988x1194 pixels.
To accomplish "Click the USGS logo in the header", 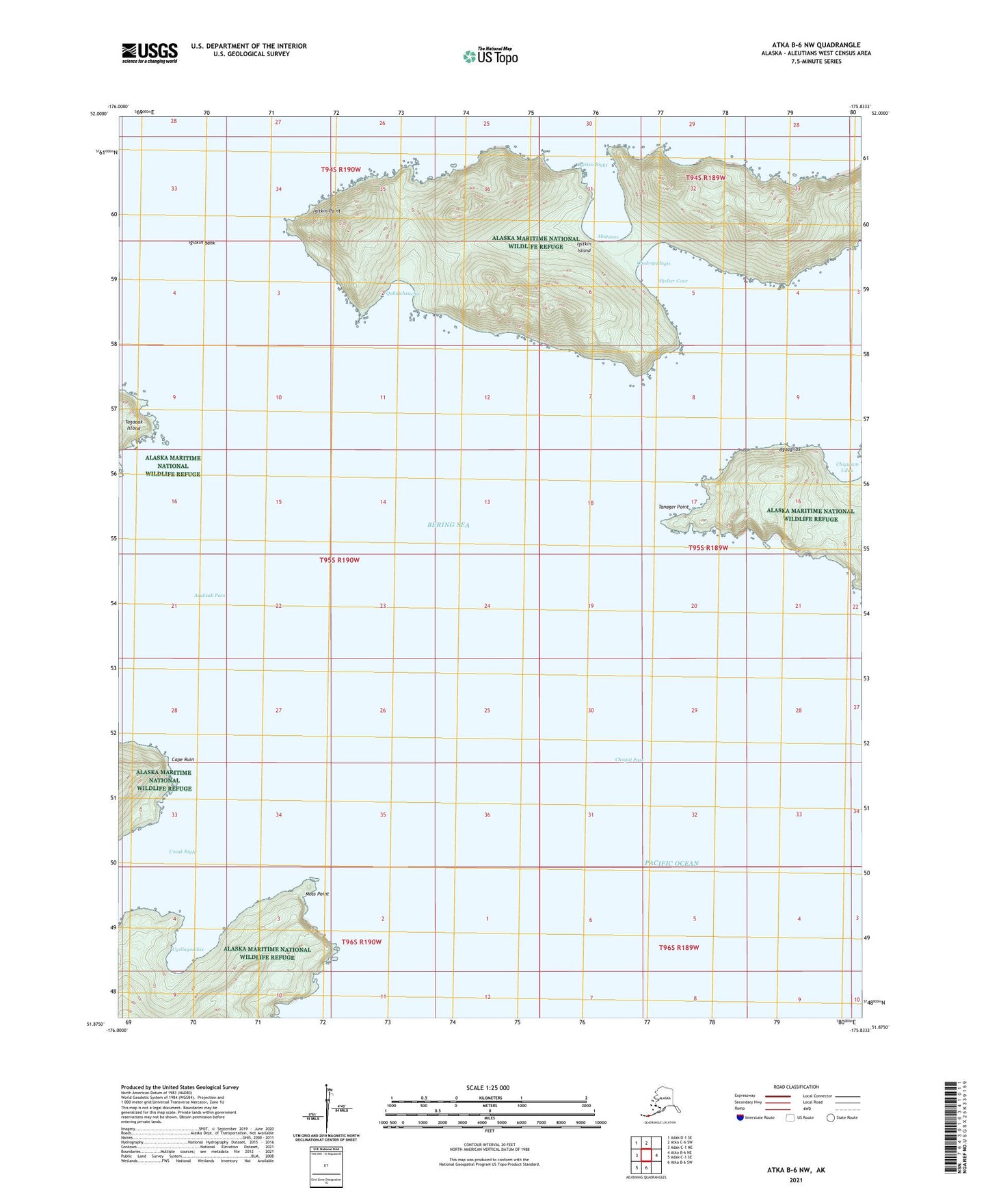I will click(x=150, y=53).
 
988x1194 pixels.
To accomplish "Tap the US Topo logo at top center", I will click(x=490, y=55).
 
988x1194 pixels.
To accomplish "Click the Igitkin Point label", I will click(x=326, y=211).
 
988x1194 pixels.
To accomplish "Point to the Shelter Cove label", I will click(x=673, y=281).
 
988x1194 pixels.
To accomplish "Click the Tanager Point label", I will click(x=673, y=507).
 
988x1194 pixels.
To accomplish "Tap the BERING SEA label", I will click(x=449, y=525).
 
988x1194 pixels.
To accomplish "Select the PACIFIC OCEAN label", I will click(x=671, y=863).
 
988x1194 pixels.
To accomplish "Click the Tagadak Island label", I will click(x=133, y=425).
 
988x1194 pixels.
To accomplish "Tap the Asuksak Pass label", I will click(x=209, y=595).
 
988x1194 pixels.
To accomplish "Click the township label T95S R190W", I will click(x=339, y=560).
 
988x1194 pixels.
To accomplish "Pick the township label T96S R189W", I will click(x=679, y=947).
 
